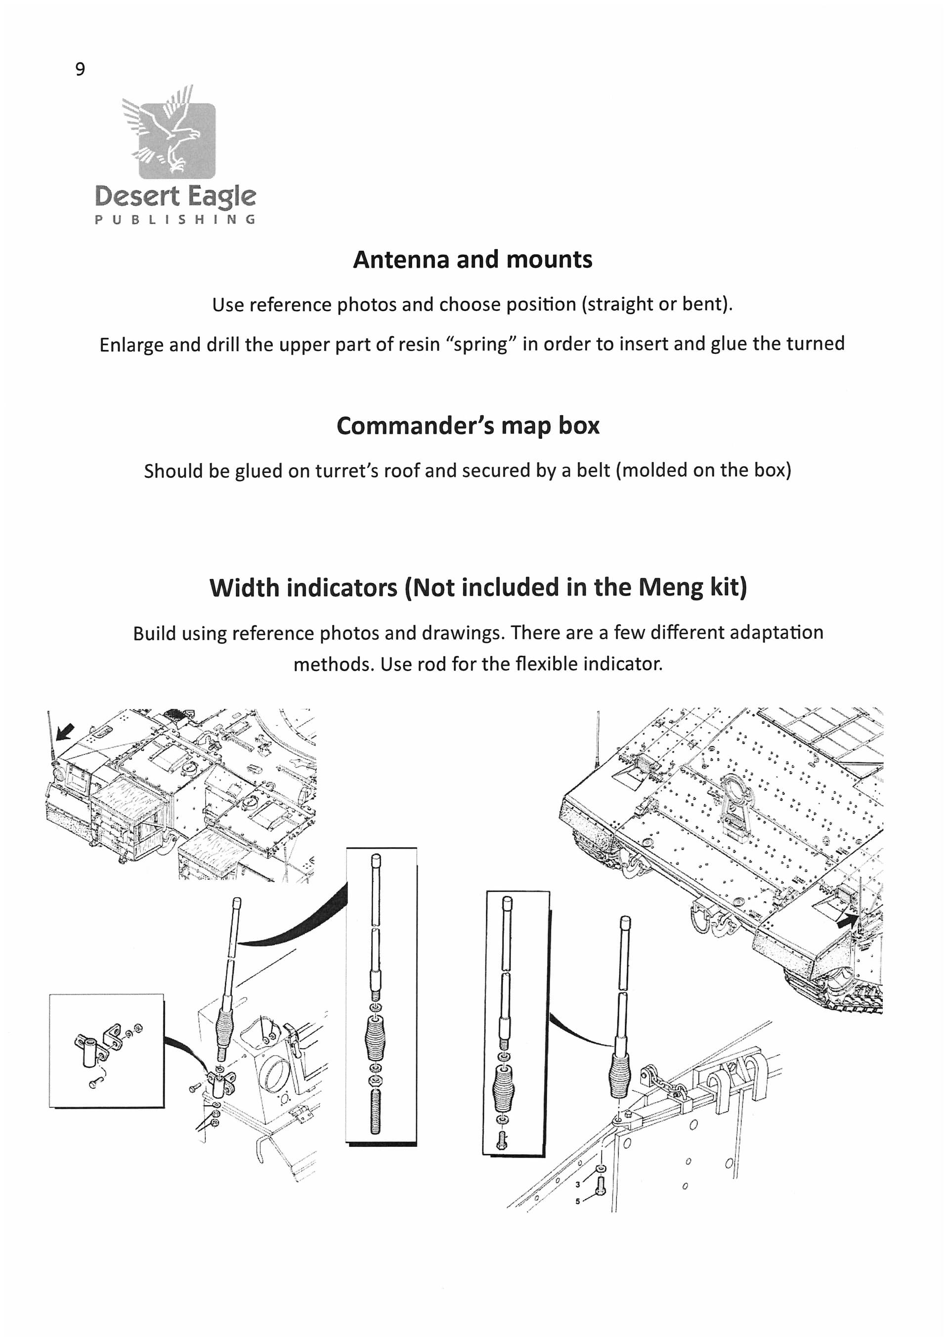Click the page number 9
(80, 69)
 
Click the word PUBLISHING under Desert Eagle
(175, 220)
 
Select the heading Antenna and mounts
(472, 260)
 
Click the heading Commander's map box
(468, 426)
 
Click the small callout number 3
(578, 1185)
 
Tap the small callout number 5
(578, 1202)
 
